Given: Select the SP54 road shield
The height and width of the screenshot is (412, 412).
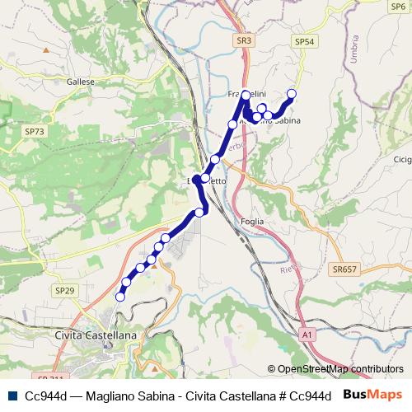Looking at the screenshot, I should pos(304,41).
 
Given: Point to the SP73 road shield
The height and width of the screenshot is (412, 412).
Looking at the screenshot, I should pos(35,131).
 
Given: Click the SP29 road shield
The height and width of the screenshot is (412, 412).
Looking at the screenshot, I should pos(64,291).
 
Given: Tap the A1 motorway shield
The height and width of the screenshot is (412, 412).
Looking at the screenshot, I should pos(307,335).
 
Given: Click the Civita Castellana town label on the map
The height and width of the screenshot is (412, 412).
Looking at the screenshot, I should pos(96,335).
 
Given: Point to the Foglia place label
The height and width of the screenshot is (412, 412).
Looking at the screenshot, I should pos(253,220).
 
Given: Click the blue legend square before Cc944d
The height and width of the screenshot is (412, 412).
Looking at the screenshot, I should pos(11,396).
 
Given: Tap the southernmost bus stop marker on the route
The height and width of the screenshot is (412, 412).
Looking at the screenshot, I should pos(120,297).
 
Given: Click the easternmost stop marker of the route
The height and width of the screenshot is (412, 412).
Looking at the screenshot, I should pos(291,93).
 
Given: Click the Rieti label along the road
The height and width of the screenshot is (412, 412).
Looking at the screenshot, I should pos(287,268).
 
